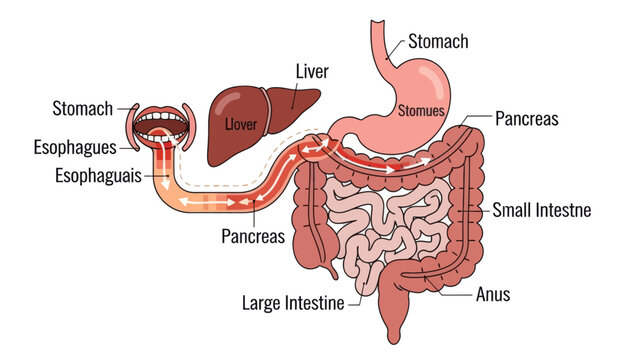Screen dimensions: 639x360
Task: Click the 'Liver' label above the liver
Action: [x=312, y=71]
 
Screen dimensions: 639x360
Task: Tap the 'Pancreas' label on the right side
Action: [x=526, y=119]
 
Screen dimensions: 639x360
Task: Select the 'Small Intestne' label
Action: [x=542, y=211]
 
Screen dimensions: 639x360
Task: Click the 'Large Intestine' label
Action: [x=293, y=302]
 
